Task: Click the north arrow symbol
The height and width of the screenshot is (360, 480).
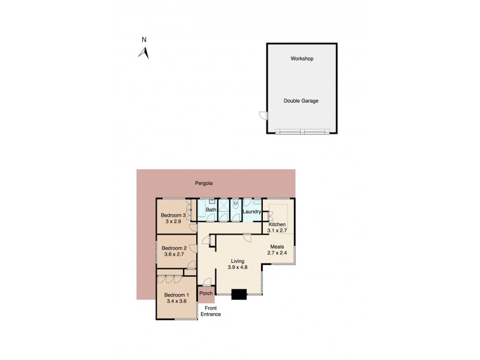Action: pyautogui.click(x=144, y=53)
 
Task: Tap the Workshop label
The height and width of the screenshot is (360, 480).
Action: pyautogui.click(x=302, y=59)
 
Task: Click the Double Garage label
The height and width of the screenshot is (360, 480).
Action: pyautogui.click(x=301, y=101)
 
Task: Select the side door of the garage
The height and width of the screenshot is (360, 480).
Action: pyautogui.click(x=263, y=115)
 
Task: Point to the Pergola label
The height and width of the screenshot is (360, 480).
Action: pyautogui.click(x=204, y=183)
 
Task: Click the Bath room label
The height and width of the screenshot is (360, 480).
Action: pyautogui.click(x=211, y=210)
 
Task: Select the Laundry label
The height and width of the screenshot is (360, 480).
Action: pyautogui.click(x=252, y=211)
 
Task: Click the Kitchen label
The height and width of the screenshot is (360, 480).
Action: pyautogui.click(x=277, y=224)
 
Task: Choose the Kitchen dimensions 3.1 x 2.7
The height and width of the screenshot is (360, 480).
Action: pyautogui.click(x=277, y=230)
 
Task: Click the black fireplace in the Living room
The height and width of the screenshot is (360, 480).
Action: pyautogui.click(x=239, y=294)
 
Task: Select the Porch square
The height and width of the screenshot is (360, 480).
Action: pyautogui.click(x=206, y=293)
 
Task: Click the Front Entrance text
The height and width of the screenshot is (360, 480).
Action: pyautogui.click(x=211, y=311)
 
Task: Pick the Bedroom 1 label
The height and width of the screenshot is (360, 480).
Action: pyautogui.click(x=176, y=295)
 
